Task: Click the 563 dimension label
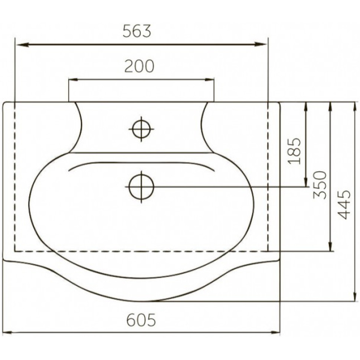[137, 31]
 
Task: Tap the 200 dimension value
[140, 66]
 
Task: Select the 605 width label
[141, 320]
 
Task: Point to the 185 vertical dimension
[294, 151]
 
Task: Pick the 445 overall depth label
[344, 204]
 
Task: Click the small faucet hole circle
[141, 129]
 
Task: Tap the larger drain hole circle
[141, 187]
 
